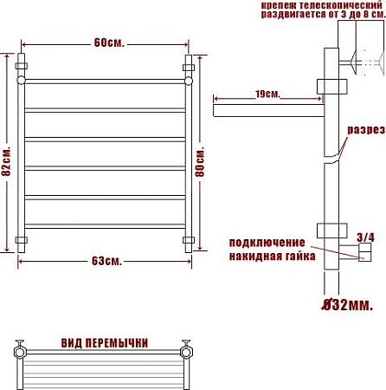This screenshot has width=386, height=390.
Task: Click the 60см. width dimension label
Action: click(109, 43)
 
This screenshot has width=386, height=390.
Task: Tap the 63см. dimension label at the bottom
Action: click(107, 261)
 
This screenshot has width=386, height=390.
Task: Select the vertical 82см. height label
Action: click(6, 161)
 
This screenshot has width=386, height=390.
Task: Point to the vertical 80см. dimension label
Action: click(200, 162)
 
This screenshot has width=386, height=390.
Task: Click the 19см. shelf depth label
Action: click(267, 94)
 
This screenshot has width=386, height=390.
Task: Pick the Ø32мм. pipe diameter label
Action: click(347, 305)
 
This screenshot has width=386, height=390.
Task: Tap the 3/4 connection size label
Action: click(365, 237)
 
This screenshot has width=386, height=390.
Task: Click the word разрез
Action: click(366, 130)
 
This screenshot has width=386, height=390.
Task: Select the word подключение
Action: click(267, 243)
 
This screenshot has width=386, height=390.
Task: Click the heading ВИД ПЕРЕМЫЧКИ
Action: click(105, 343)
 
